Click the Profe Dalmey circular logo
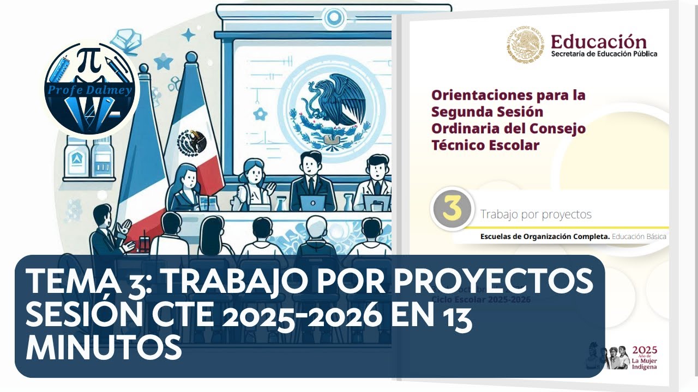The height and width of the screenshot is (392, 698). click(x=91, y=89)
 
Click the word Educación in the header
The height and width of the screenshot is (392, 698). click(x=598, y=42)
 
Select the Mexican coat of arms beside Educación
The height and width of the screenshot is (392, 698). click(x=523, y=45)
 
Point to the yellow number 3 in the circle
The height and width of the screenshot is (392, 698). click(x=451, y=211)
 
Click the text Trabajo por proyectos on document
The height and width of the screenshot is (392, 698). click(x=535, y=215)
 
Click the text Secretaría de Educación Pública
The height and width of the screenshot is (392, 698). click(x=604, y=54)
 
